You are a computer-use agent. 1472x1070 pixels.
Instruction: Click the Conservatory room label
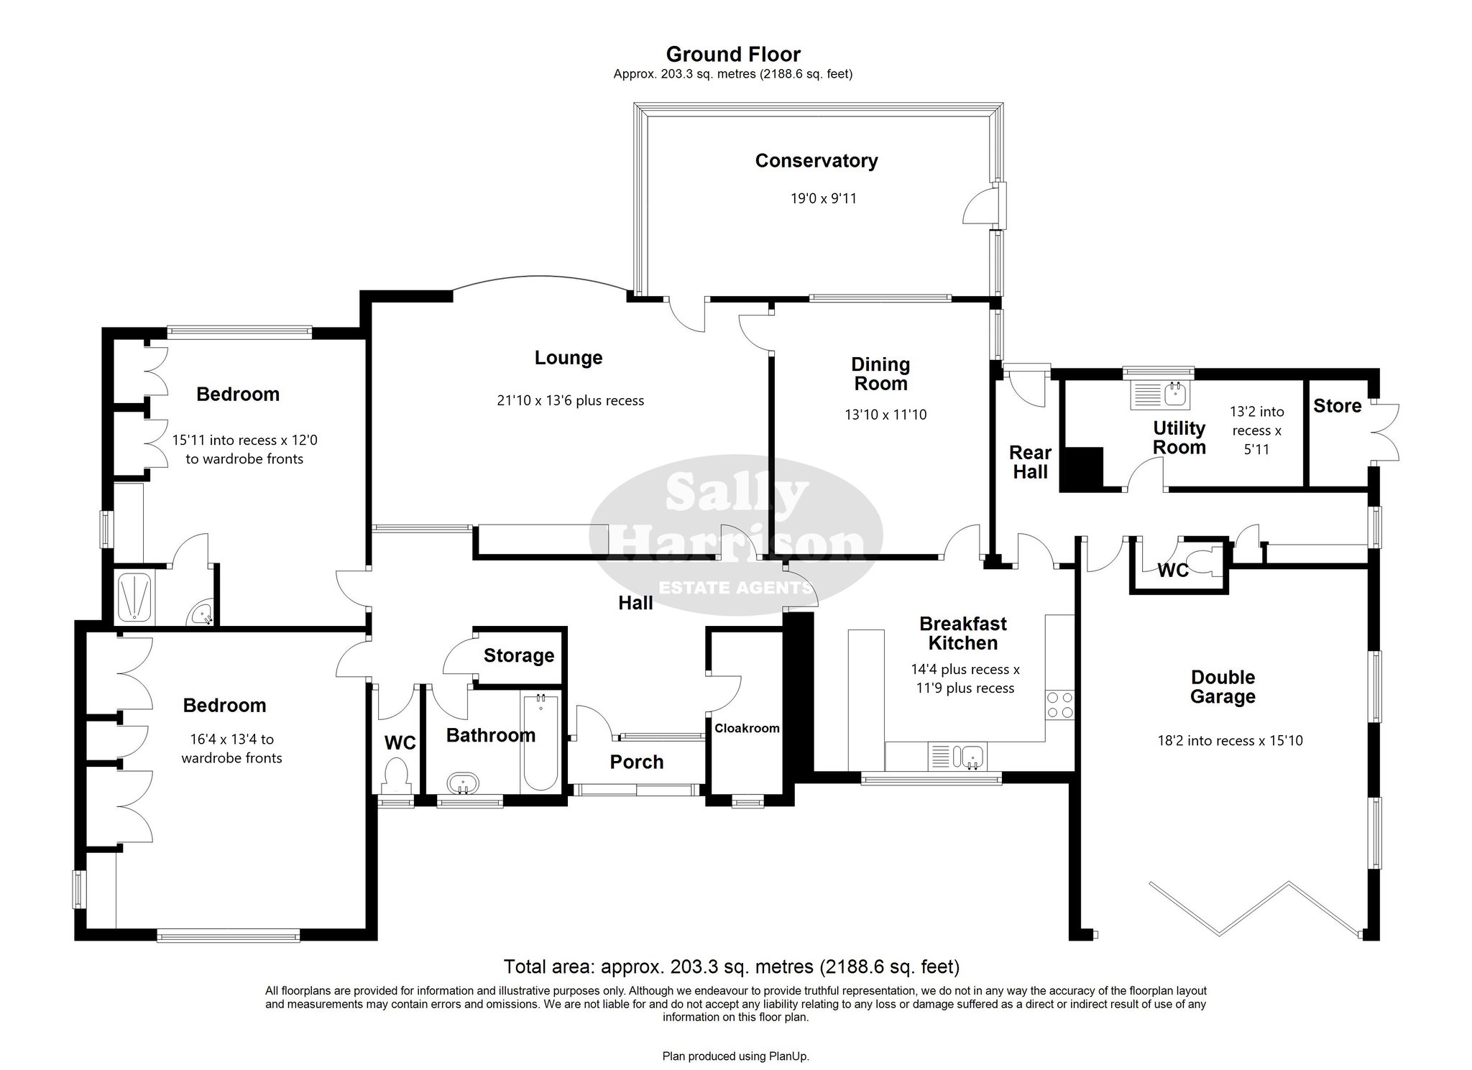(816, 161)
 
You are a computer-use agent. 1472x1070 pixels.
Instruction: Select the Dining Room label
(880, 374)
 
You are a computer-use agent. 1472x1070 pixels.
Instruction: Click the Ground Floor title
(733, 55)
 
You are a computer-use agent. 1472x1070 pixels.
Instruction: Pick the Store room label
(1337, 406)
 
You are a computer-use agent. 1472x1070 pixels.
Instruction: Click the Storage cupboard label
(519, 655)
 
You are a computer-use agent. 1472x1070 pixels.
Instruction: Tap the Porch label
(637, 762)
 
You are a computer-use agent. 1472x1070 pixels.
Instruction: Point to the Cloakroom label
(747, 729)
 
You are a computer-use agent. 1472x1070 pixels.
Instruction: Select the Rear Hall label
(1030, 462)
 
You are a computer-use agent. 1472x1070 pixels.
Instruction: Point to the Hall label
(636, 603)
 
